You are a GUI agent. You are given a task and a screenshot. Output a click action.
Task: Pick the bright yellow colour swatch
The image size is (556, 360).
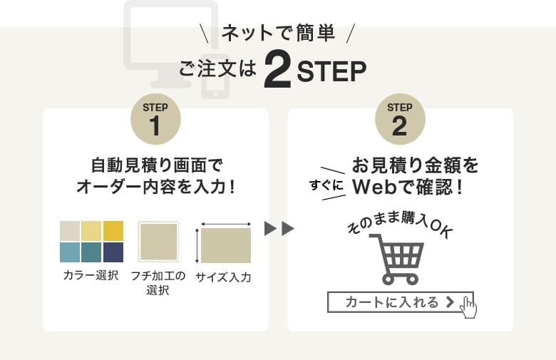coord(113,231)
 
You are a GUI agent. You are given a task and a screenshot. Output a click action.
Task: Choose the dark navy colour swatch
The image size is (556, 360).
coord(113,252)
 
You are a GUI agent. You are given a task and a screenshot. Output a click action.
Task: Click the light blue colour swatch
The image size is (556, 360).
coord(70,252)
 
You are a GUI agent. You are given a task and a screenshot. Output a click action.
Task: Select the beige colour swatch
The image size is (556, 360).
coord(70,231)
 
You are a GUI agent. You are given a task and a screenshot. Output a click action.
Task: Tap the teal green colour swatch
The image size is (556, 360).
coord(91,252)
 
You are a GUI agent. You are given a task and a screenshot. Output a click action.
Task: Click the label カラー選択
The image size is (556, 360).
coord(91,276)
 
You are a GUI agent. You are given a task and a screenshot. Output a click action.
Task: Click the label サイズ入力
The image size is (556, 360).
coord(223,277)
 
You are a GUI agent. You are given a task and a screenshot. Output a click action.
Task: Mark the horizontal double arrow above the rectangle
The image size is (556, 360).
coord(226,224)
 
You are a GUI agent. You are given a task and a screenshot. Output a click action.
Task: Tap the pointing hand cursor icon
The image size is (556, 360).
coord(468,307)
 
